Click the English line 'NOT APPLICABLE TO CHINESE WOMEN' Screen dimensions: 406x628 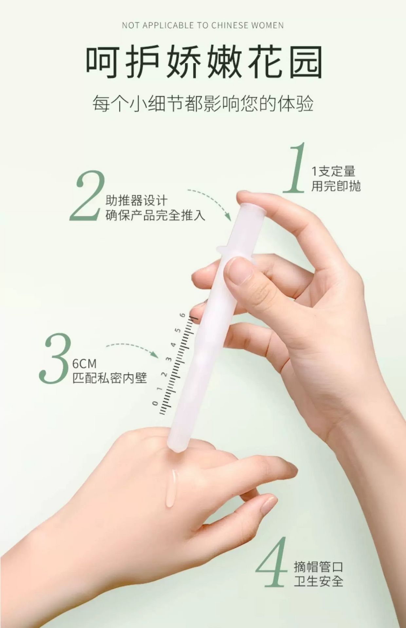pos(203,26)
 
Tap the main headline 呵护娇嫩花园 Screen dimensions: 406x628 pos(204,62)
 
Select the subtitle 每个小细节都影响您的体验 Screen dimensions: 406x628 pos(203,103)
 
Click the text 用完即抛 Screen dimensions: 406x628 pos(336,186)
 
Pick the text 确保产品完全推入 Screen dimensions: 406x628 pos(156,215)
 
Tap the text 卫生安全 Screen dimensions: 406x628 pos(318,581)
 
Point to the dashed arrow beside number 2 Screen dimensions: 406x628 pos(214,198)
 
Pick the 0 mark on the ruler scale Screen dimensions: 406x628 pos(155,403)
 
